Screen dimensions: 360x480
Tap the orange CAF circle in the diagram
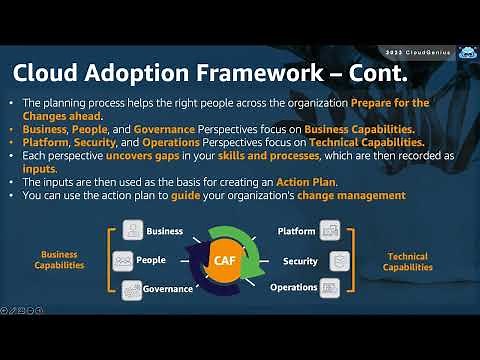(x=225, y=261)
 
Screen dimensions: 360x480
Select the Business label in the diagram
(x=164, y=231)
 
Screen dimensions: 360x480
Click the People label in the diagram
(x=151, y=260)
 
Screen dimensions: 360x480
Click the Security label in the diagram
(x=300, y=261)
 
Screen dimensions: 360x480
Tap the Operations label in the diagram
(x=294, y=288)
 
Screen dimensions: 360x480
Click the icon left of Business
(x=133, y=231)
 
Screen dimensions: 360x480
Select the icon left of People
(x=122, y=260)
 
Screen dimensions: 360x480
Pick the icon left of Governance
(x=133, y=290)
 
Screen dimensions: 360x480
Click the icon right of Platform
(x=331, y=231)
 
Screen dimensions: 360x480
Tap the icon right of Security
(x=339, y=261)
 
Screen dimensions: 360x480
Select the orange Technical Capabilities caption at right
(x=408, y=262)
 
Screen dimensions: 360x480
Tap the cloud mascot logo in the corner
(x=467, y=52)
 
